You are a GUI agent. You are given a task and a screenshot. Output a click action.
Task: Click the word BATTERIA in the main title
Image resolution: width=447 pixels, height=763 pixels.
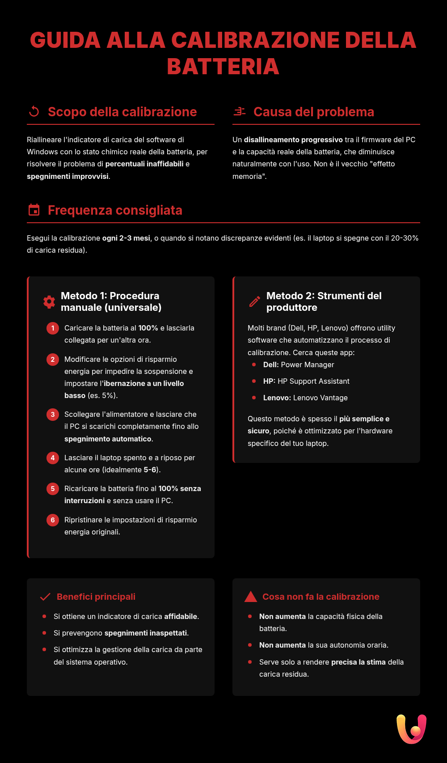pyautogui.click(x=223, y=67)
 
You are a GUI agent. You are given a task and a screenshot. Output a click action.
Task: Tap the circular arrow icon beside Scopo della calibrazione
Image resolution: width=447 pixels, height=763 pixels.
pyautogui.click(x=34, y=111)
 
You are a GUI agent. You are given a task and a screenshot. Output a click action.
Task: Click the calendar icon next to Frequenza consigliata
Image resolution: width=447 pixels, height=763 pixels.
pyautogui.click(x=34, y=210)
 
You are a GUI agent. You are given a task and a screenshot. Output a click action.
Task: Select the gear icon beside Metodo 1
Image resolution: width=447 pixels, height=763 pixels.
pyautogui.click(x=49, y=302)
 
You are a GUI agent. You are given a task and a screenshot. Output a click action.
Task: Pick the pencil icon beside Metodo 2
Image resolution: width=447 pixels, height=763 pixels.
pyautogui.click(x=255, y=302)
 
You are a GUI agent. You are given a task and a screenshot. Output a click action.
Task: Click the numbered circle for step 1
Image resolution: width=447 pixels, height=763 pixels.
pyautogui.click(x=53, y=328)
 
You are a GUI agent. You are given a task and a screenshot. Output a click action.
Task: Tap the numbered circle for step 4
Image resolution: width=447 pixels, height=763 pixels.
pyautogui.click(x=53, y=458)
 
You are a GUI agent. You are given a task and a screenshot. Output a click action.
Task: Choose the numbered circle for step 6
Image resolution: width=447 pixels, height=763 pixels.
pyautogui.click(x=53, y=520)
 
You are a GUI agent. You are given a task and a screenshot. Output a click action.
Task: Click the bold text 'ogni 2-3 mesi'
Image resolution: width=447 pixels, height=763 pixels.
pyautogui.click(x=126, y=238)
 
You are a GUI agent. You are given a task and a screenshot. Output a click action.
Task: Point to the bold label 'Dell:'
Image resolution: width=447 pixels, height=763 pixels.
pyautogui.click(x=271, y=365)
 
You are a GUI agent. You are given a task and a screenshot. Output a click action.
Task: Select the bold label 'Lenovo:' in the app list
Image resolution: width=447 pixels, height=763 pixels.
pyautogui.click(x=277, y=398)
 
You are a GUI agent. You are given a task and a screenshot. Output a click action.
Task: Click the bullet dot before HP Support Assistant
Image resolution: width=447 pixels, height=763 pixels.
pyautogui.click(x=254, y=381)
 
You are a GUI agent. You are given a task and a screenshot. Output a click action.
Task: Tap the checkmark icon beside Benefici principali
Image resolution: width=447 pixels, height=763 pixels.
pyautogui.click(x=45, y=597)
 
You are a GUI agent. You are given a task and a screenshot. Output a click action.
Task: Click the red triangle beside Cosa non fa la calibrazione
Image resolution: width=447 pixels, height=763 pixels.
pyautogui.click(x=251, y=597)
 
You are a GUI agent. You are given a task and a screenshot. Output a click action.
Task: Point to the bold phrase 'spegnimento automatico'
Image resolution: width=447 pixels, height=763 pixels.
pyautogui.click(x=108, y=439)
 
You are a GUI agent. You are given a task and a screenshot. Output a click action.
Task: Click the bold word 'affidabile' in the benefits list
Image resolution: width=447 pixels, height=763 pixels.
pyautogui.click(x=181, y=616)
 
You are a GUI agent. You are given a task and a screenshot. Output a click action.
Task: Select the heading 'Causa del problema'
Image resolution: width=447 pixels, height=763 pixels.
pyautogui.click(x=314, y=112)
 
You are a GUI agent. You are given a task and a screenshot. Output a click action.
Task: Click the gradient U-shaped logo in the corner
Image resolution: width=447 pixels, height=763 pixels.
pyautogui.click(x=411, y=729)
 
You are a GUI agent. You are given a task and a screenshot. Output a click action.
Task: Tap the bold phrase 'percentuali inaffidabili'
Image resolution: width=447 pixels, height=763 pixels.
pyautogui.click(x=144, y=164)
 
